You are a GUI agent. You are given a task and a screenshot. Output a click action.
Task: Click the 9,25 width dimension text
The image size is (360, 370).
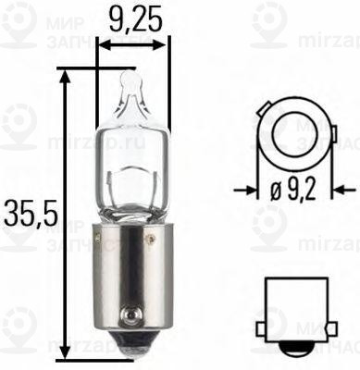point(133,18)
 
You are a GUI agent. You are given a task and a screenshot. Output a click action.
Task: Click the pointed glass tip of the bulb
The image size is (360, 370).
point(133,84)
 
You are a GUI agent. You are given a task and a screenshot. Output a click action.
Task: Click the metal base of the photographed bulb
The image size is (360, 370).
point(133,273)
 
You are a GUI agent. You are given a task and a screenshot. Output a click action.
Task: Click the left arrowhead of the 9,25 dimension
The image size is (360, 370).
point(102,43)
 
